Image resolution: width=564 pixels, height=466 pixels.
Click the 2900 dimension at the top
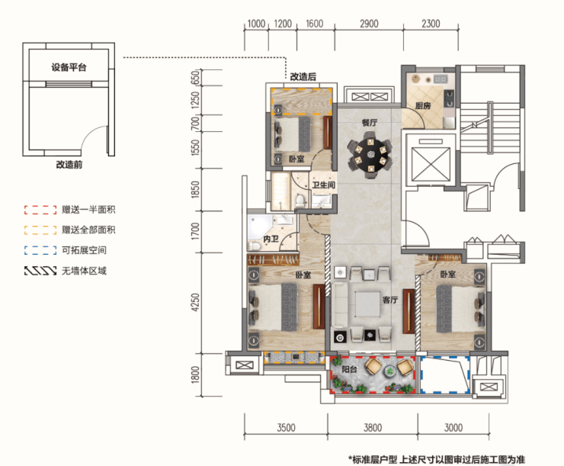pos(369,24)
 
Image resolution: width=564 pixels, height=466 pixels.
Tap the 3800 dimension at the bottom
pos(372,428)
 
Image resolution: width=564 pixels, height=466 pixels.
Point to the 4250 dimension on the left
pos(195,302)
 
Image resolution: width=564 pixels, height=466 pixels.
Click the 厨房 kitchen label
pos(423,106)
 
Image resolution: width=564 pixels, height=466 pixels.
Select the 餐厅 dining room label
pos(370,123)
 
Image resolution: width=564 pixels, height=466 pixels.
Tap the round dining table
pos(370,155)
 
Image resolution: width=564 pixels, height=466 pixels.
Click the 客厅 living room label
pos(390,300)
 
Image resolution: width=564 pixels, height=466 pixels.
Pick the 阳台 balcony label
pos(349,369)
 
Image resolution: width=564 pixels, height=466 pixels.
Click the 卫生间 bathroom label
pos(323,185)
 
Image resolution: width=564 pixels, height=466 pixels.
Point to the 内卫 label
pos(271,239)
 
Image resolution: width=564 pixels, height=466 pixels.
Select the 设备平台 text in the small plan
pos(69,67)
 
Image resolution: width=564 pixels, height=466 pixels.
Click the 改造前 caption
pos(69,165)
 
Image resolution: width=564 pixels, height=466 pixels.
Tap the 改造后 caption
pos(303,76)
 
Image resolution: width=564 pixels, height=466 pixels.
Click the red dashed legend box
pos(40,210)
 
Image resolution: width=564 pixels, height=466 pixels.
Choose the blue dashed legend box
pos(40,250)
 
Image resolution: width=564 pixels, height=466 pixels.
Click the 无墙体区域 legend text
pos(84,271)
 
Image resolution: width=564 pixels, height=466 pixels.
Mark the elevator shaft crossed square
pos(431,164)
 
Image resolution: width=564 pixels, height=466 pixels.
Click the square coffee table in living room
pos(367,304)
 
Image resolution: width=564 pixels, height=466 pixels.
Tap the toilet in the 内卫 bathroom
pos(255,246)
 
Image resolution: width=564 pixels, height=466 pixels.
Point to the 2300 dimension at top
pos(431,24)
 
